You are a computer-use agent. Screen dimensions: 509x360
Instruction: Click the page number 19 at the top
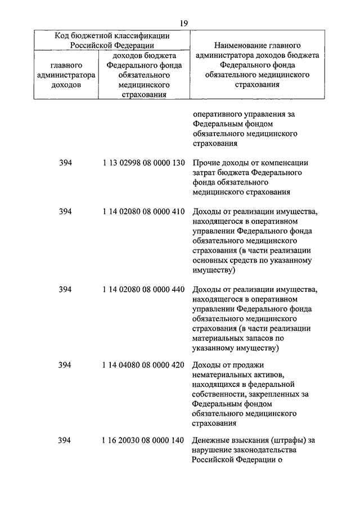pyautogui.click(x=184, y=23)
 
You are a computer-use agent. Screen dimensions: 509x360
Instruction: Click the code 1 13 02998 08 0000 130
pyautogui.click(x=144, y=163)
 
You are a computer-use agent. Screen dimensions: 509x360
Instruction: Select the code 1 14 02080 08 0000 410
pyautogui.click(x=144, y=212)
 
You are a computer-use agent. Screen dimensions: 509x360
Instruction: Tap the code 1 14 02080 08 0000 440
pyautogui.click(x=144, y=290)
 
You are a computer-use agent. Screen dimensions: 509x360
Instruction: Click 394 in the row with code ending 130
pyautogui.click(x=65, y=163)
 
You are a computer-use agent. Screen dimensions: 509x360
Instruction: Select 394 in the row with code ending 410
pyautogui.click(x=65, y=212)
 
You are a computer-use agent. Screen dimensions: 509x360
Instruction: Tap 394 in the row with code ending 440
pyautogui.click(x=65, y=290)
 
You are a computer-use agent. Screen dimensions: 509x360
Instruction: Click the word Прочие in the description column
pyautogui.click(x=206, y=163)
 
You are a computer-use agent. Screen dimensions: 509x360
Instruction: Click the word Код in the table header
pyautogui.click(x=62, y=35)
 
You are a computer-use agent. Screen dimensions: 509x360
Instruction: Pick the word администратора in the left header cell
pyautogui.click(x=66, y=75)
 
